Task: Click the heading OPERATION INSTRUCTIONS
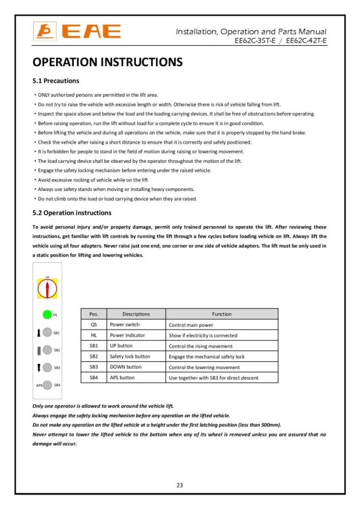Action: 107,62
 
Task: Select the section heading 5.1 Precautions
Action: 56,80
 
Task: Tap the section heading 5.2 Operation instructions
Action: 72,212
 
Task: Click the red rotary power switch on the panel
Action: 47,289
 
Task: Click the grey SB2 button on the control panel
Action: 47,350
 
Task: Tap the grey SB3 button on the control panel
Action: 47,367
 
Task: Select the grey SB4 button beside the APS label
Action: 47,385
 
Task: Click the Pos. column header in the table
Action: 94,314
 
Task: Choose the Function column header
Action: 221,314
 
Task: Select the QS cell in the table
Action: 94,325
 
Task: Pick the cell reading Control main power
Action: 191,325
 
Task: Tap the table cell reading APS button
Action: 123,378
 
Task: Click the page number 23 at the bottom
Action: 180,485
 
